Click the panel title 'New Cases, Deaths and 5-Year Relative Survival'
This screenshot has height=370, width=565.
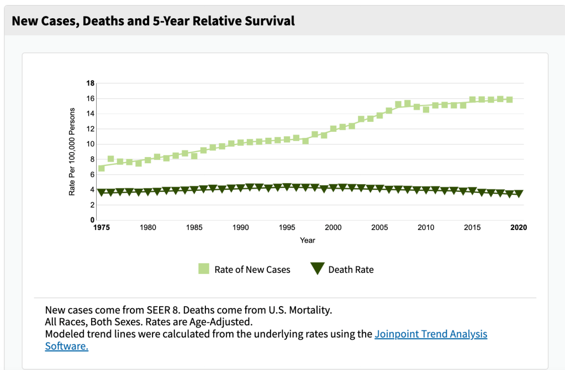coord(153,21)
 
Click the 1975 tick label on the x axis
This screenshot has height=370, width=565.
coord(101,227)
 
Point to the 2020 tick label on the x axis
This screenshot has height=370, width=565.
coord(518,227)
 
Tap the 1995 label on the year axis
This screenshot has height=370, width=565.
coord(287,227)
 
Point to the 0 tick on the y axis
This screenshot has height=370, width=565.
coord(93,220)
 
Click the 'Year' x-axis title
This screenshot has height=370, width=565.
coord(308,240)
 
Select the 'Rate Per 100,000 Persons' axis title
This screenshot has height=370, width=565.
coord(72,151)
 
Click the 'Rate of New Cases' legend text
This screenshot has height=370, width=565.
coord(252,270)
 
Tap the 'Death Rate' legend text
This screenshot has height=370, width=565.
coord(351,270)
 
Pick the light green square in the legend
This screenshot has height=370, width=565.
coord(204,269)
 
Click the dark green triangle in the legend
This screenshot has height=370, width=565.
coord(317,269)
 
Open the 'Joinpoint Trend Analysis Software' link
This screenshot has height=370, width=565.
coord(431,334)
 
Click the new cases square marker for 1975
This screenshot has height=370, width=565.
coord(102,168)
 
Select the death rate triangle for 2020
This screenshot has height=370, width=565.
coord(519,194)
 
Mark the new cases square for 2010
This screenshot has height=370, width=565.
coord(426,109)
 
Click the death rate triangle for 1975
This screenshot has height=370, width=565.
coord(101,192)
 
